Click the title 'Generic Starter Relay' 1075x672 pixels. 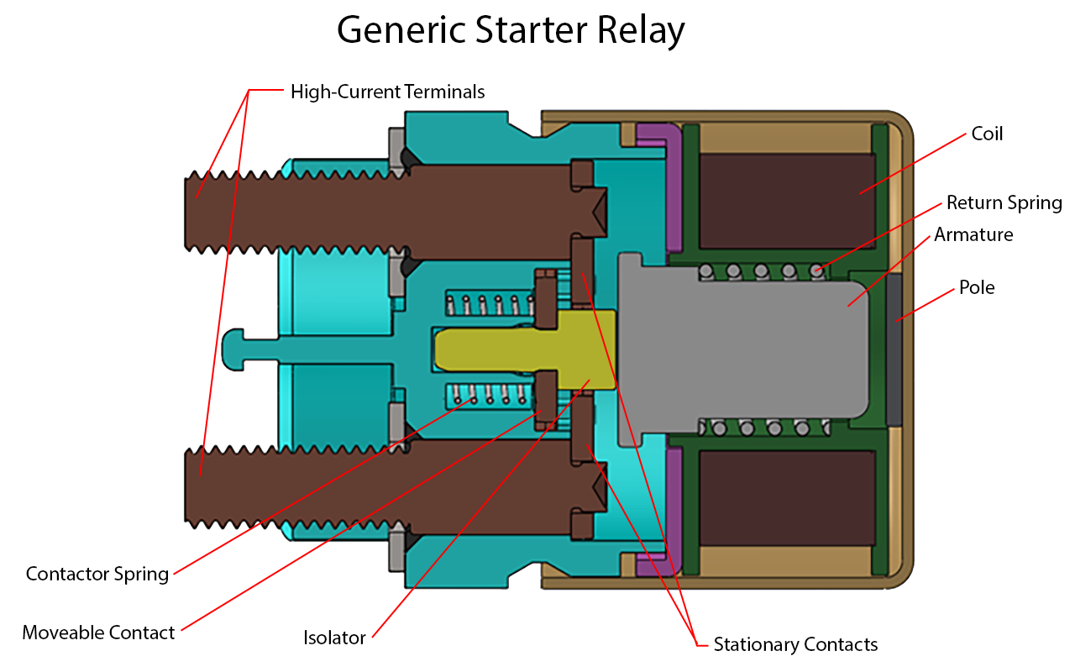click(x=511, y=29)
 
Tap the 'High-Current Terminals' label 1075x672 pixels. click(x=388, y=92)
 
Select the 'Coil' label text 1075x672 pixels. click(x=987, y=134)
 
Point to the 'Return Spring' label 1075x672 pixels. click(x=1004, y=202)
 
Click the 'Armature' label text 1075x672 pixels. click(x=973, y=234)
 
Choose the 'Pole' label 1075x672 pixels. click(x=977, y=287)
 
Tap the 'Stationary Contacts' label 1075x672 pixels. click(x=795, y=644)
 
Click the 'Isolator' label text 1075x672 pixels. click(x=334, y=638)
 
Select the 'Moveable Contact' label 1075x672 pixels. click(x=98, y=633)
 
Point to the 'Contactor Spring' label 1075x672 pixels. click(x=97, y=574)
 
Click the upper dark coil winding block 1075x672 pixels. click(x=787, y=201)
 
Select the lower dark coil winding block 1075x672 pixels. click(x=787, y=498)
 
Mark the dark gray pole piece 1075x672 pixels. click(x=894, y=350)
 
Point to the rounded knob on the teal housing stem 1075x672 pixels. click(x=233, y=349)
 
